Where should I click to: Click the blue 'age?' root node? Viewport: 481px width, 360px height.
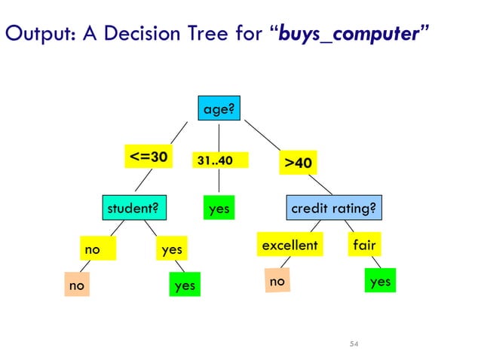219,110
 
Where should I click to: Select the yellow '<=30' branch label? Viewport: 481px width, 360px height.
149,157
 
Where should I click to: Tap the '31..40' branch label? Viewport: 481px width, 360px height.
215,160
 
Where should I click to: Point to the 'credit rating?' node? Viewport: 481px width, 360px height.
333,207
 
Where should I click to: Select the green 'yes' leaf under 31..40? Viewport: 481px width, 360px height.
219,208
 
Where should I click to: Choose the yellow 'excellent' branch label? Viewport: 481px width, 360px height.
290,246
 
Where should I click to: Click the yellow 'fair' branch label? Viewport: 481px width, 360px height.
364,246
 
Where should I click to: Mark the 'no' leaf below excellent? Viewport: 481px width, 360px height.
277,281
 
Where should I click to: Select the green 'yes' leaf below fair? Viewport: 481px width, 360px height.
381,281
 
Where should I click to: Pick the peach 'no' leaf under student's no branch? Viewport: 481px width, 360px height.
76,285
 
